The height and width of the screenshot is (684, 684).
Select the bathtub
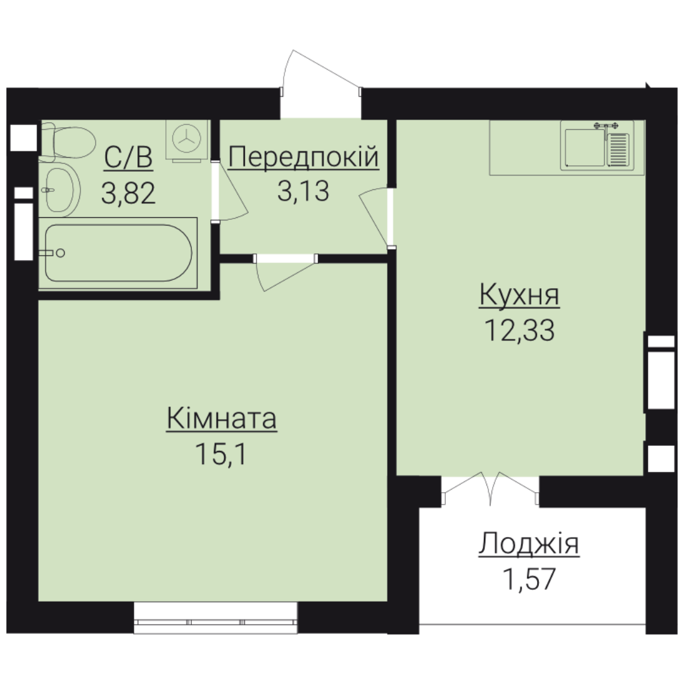pyautogui.click(x=118, y=253)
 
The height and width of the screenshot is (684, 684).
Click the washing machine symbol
pyautogui.click(x=187, y=139)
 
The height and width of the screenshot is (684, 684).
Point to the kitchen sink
pyautogui.click(x=597, y=146)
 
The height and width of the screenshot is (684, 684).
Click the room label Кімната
pyautogui.click(x=222, y=419)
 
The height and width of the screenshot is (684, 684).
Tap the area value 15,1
pyautogui.click(x=221, y=453)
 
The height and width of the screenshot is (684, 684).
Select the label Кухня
pyautogui.click(x=519, y=295)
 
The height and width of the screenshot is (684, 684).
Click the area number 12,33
pyautogui.click(x=519, y=330)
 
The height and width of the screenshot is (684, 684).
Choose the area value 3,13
pyautogui.click(x=303, y=191)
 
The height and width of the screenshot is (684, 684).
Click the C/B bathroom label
pyautogui.click(x=129, y=157)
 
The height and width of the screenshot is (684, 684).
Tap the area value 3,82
pyautogui.click(x=128, y=193)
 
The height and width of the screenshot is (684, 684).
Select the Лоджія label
pyautogui.click(x=529, y=544)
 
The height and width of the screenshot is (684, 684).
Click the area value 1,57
pyautogui.click(x=529, y=579)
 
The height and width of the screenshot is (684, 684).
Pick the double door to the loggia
pyautogui.click(x=491, y=488)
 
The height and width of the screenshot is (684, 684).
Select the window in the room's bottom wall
pyautogui.click(x=215, y=617)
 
